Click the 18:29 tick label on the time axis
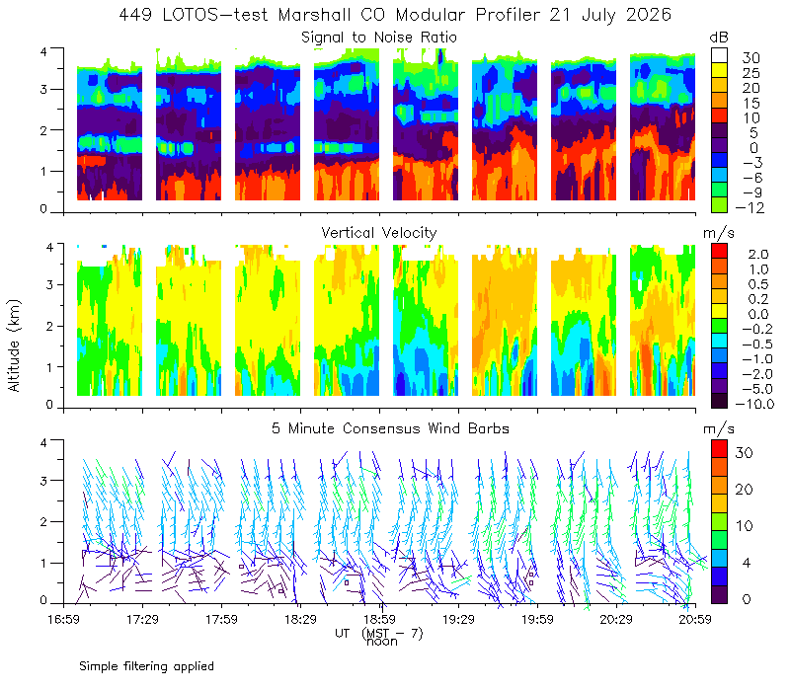[x=300, y=619]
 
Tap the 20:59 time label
[x=695, y=619]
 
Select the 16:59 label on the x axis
[x=63, y=619]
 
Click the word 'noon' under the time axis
[x=381, y=642]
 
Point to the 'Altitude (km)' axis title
[x=14, y=345]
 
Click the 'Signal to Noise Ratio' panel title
[x=379, y=38]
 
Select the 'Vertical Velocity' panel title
[x=379, y=233]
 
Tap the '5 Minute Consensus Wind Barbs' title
[x=390, y=428]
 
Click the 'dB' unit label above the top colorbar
[x=719, y=38]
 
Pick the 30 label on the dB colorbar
[x=750, y=58]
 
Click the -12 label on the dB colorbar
[x=750, y=207]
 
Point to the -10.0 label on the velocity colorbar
[x=754, y=404]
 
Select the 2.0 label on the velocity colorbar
[x=758, y=255]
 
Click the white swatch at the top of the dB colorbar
[x=719, y=55]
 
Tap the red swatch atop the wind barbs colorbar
[x=719, y=449]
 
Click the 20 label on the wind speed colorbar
[x=745, y=489]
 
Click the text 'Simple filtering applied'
[x=146, y=667]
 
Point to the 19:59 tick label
[x=537, y=619]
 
